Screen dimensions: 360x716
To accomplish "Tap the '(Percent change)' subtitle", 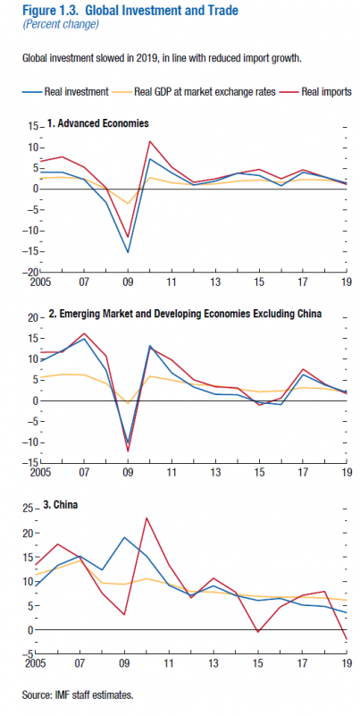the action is coord(61,25).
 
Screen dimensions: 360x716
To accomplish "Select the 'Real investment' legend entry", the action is coord(65,92).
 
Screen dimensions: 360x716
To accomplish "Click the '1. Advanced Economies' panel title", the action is coord(97,123).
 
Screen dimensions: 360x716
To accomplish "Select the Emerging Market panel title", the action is coord(185,314).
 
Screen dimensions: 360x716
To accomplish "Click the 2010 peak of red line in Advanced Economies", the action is coord(150,141).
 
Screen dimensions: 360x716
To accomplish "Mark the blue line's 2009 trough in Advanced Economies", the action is coord(128,252).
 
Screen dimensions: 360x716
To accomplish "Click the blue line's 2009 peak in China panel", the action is coord(124,537).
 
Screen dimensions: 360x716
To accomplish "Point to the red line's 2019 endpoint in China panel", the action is coord(347,639).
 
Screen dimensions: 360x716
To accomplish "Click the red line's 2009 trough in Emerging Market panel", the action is coord(128,451).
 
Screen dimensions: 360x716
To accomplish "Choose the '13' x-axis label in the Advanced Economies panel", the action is coord(215,281).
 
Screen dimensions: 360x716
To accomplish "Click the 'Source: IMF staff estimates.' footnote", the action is coord(78,695).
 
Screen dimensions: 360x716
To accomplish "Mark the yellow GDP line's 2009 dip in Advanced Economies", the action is coord(128,204).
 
